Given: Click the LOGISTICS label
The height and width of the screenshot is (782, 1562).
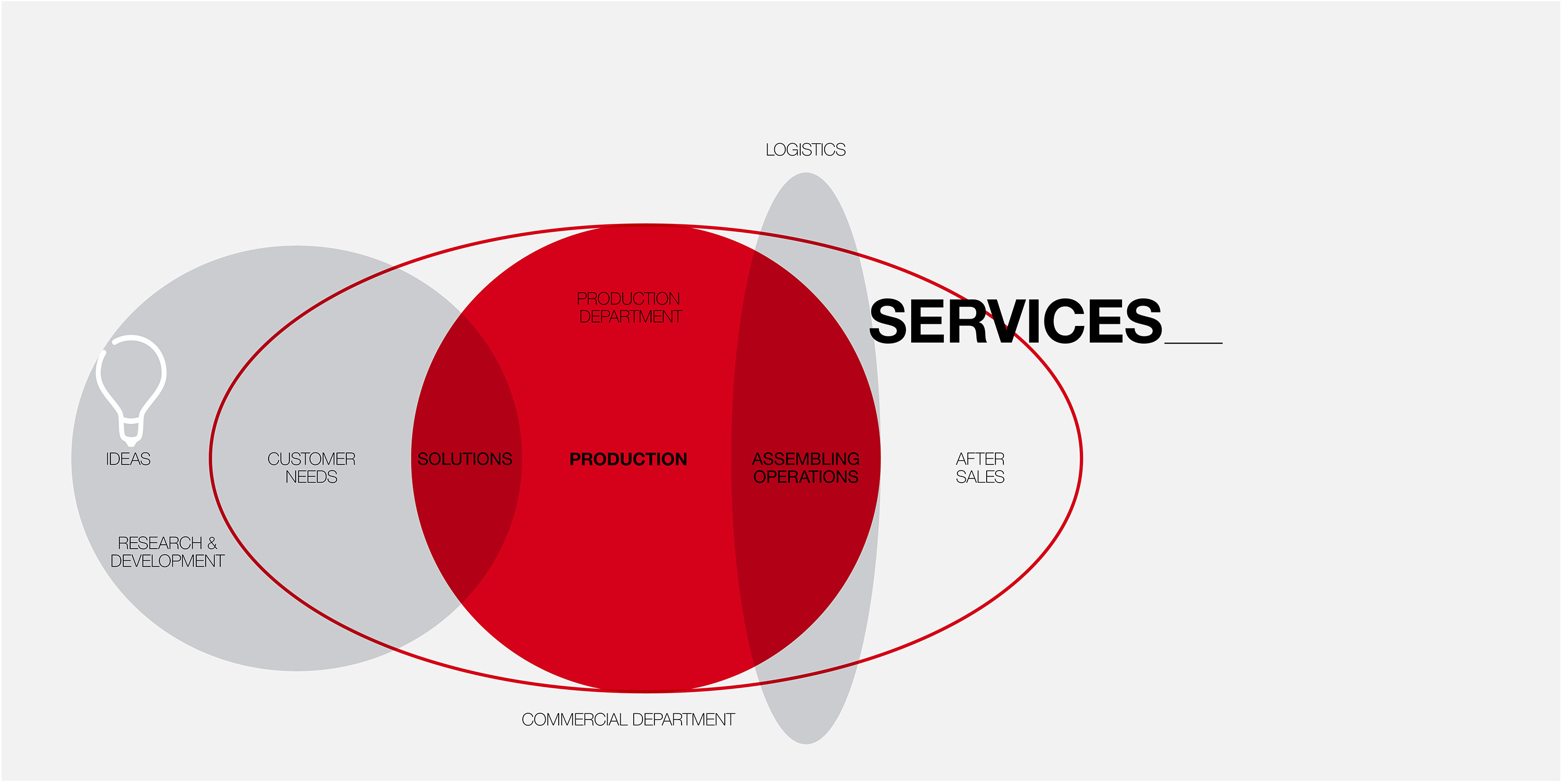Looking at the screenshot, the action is (x=805, y=150).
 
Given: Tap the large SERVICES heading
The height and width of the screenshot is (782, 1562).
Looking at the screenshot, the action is (x=1016, y=321).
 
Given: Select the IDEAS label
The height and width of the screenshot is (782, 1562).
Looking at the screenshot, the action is (x=128, y=459).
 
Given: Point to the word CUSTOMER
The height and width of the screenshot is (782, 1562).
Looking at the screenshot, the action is (x=311, y=459).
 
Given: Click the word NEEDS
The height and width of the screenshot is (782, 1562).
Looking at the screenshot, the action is (x=311, y=477).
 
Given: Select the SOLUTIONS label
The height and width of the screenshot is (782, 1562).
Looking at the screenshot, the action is (x=465, y=459).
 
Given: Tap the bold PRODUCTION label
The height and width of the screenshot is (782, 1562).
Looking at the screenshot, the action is (x=628, y=459).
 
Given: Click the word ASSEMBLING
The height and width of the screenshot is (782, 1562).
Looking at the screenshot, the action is (x=806, y=459).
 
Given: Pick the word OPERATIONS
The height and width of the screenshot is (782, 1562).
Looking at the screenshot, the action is (x=806, y=477).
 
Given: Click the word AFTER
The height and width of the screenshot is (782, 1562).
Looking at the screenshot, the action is (x=980, y=459).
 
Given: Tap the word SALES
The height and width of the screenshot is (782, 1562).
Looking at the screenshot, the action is (x=980, y=477).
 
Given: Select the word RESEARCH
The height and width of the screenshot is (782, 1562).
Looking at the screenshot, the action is (x=160, y=543).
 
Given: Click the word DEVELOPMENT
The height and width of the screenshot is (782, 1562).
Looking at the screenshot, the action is (x=167, y=561).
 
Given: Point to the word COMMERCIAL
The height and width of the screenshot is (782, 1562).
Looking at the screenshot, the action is (x=573, y=720).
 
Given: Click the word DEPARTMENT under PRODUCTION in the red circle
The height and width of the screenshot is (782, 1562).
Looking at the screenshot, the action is (x=631, y=317).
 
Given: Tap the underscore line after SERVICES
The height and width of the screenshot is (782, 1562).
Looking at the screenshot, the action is (x=1193, y=343).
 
